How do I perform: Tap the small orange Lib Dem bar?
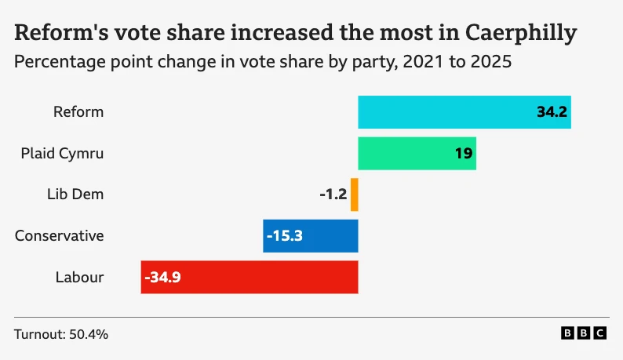355,195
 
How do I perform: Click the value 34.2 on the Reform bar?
552,112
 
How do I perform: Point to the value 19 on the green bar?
463,154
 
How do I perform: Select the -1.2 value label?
333,195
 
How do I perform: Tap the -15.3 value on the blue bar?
286,236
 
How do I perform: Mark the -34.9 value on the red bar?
163,277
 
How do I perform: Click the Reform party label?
78,112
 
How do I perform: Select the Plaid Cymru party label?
62,154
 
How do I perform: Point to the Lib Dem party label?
75,195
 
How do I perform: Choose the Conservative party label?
59,236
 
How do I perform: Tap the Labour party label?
79,277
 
